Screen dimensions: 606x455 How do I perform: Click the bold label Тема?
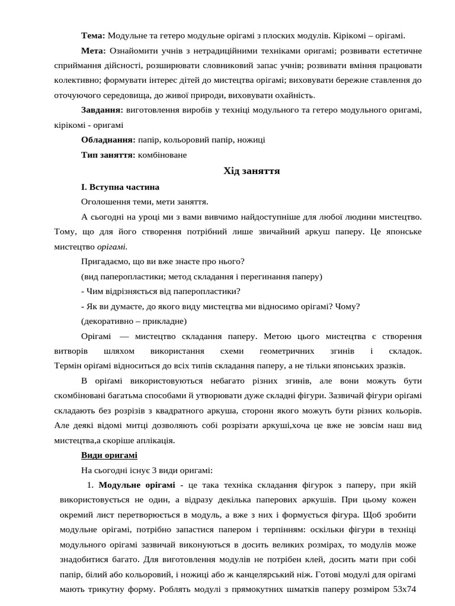point(93,35)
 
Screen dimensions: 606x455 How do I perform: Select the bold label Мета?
point(94,50)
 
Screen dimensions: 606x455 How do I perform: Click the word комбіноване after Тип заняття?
point(162,155)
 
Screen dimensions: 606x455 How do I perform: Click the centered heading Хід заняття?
point(251,171)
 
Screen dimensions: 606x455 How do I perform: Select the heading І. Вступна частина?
point(120,186)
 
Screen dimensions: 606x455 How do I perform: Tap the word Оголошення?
point(105,202)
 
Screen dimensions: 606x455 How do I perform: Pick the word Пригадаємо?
point(105,261)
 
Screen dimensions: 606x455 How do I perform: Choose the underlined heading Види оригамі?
point(109,455)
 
